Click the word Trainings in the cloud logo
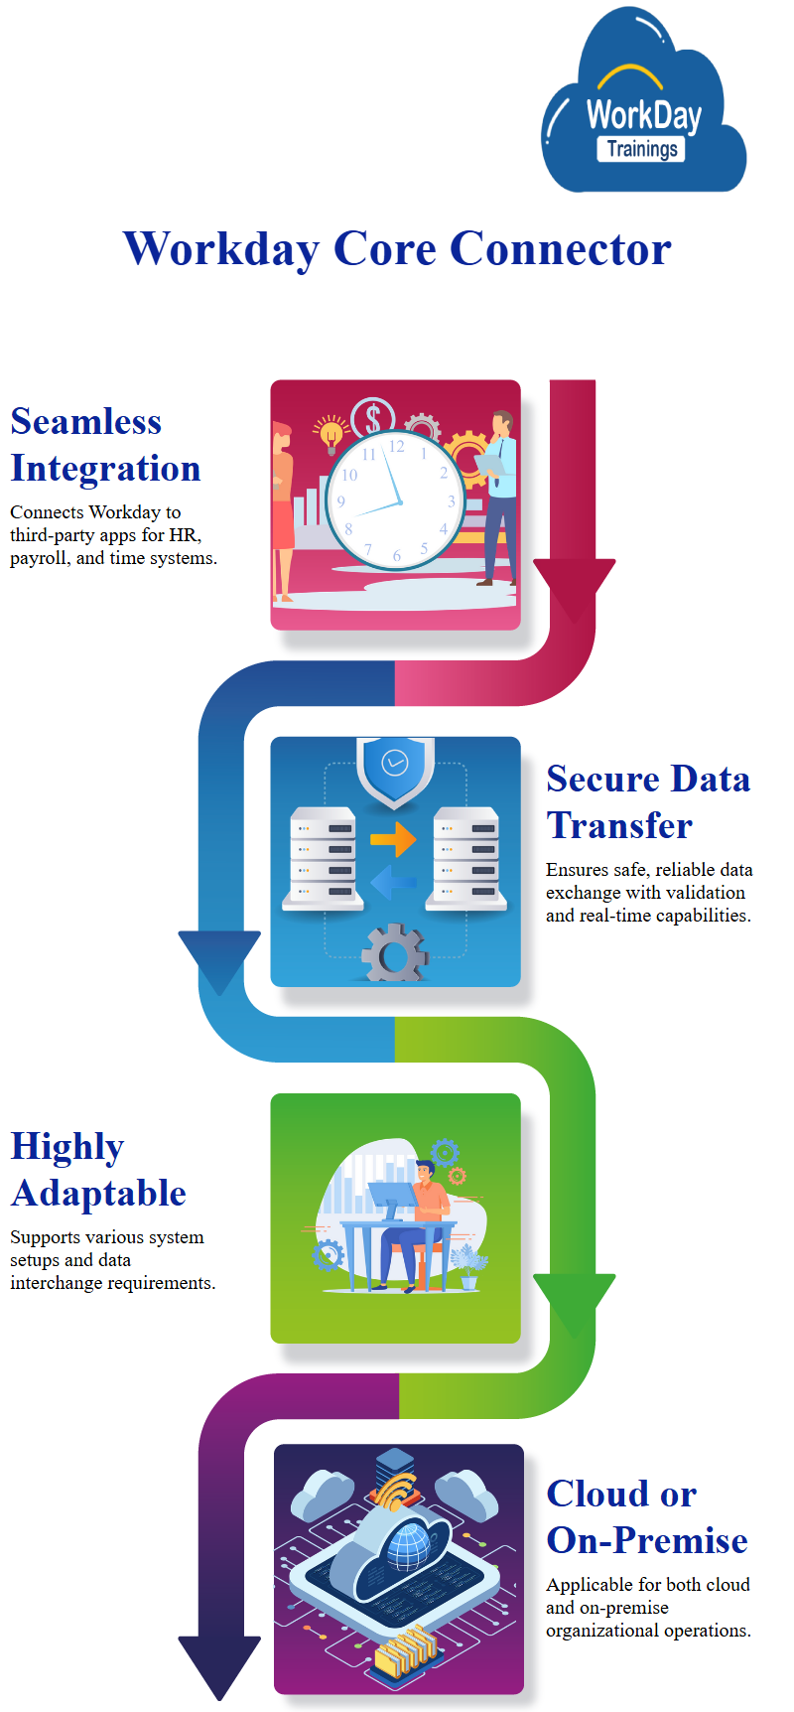click(642, 149)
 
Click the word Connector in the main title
click(561, 248)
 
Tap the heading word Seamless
click(85, 422)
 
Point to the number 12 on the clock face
click(396, 447)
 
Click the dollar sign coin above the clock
click(373, 417)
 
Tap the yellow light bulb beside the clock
click(331, 434)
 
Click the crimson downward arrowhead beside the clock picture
click(574, 586)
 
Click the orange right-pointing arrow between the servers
click(393, 839)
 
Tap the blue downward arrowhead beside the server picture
click(219, 958)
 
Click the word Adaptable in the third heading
click(98, 1193)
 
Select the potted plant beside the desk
click(468, 1266)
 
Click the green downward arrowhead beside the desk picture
click(574, 1301)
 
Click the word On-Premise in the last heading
click(647, 1540)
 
